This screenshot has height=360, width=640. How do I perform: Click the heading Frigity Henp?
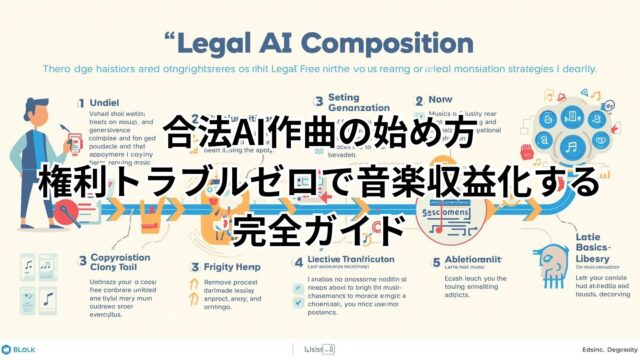click(233, 267)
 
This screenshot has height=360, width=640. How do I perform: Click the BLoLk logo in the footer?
click(22, 349)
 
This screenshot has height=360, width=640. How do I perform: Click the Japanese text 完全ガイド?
click(319, 229)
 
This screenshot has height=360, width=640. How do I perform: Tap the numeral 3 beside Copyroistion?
click(27, 263)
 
